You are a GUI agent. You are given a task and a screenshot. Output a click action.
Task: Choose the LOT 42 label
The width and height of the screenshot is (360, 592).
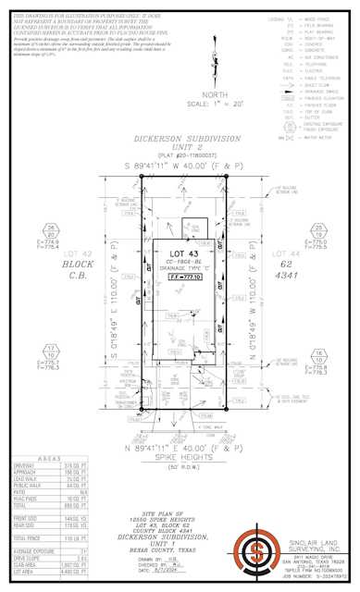90,253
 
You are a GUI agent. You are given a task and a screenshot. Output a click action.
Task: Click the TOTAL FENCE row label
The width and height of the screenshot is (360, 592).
31,536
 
